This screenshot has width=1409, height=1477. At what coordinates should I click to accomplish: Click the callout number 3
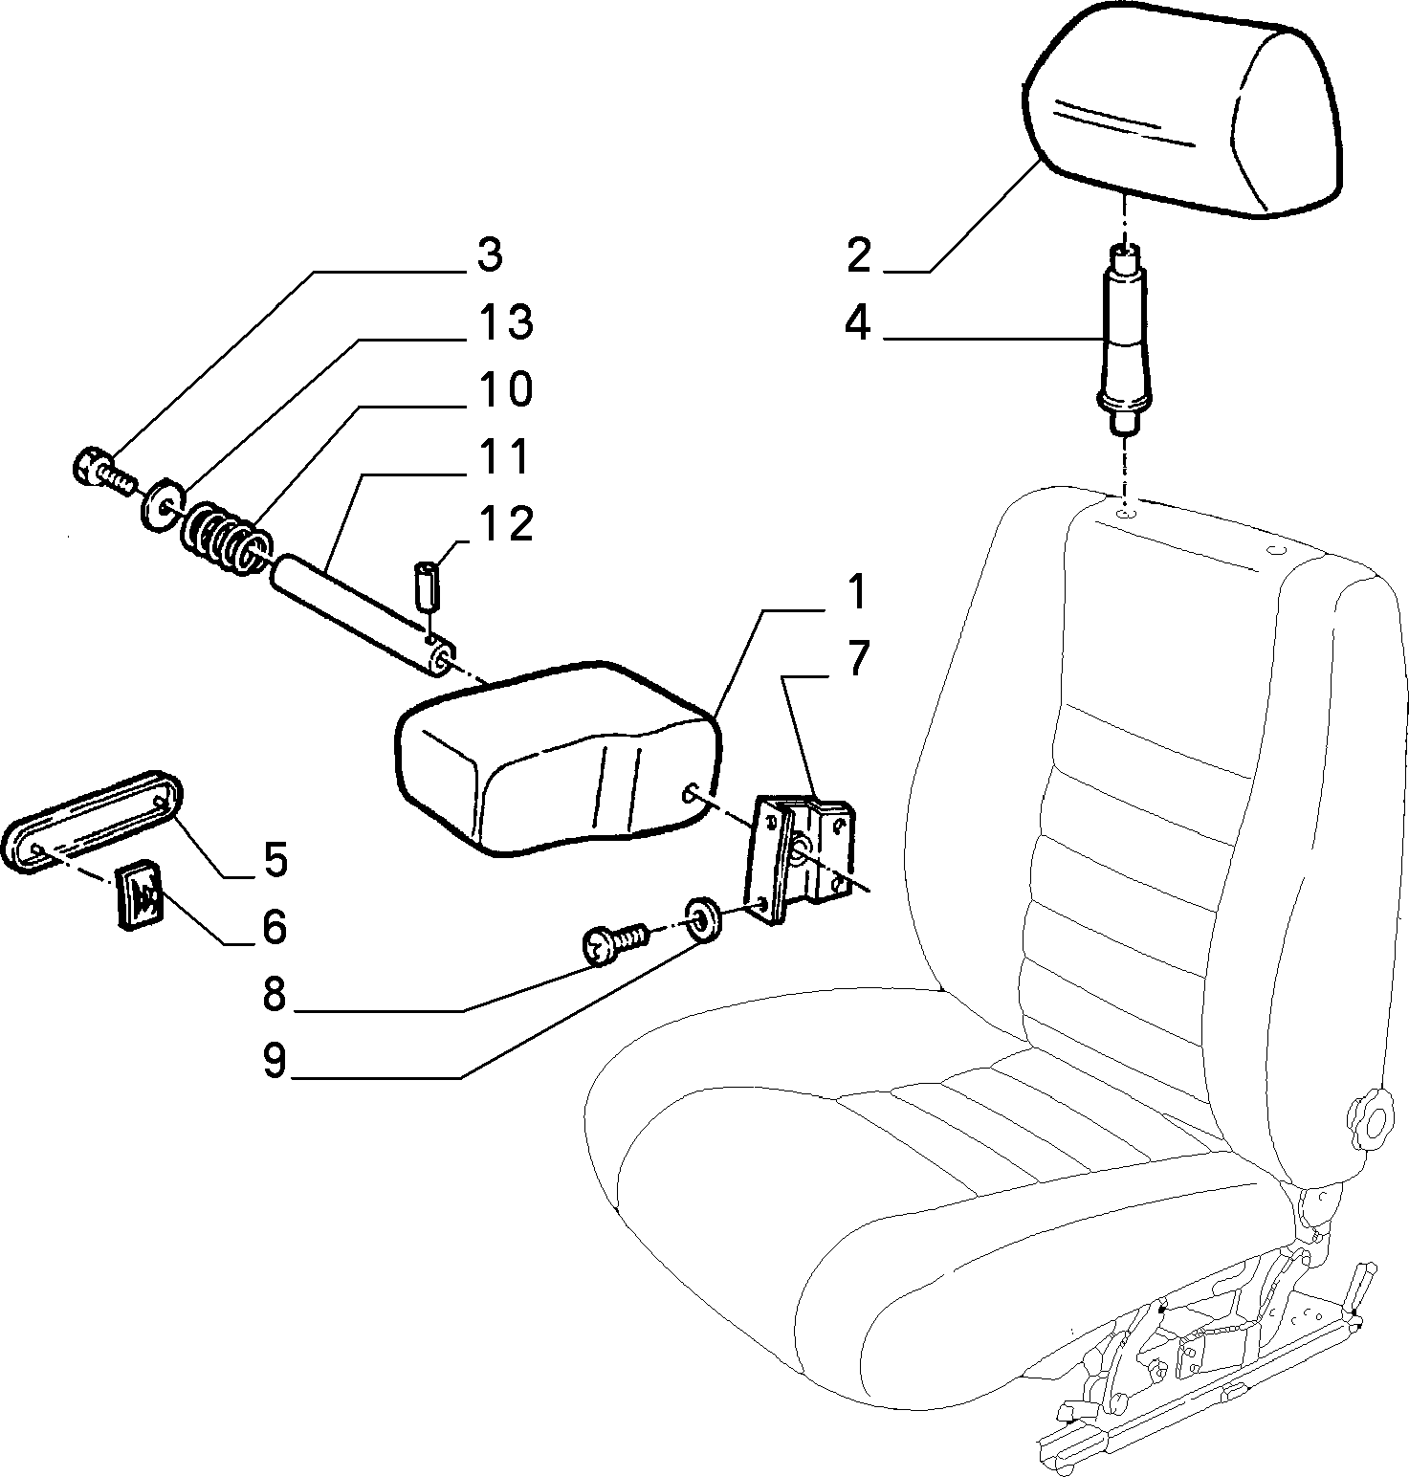[x=489, y=255]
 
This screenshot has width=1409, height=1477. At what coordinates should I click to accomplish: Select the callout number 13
[x=506, y=322]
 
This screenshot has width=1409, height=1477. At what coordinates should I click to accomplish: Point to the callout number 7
[x=856, y=659]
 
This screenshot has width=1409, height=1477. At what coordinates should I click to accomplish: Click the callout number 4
[x=857, y=324]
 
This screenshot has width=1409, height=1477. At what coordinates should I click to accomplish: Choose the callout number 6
[x=275, y=927]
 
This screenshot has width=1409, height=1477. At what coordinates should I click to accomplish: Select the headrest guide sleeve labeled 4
[x=1125, y=341]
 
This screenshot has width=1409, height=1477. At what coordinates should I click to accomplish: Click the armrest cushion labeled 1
[x=555, y=756]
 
